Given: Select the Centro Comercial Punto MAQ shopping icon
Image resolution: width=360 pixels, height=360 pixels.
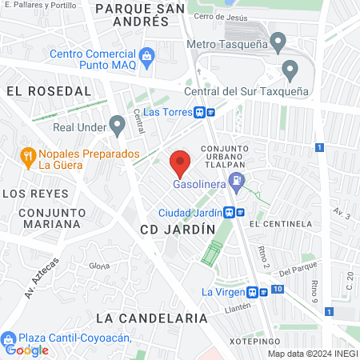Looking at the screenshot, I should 146,56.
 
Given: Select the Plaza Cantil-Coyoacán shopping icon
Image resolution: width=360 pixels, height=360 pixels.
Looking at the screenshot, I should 8,338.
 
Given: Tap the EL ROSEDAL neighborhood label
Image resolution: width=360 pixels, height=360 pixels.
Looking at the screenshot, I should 43,91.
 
